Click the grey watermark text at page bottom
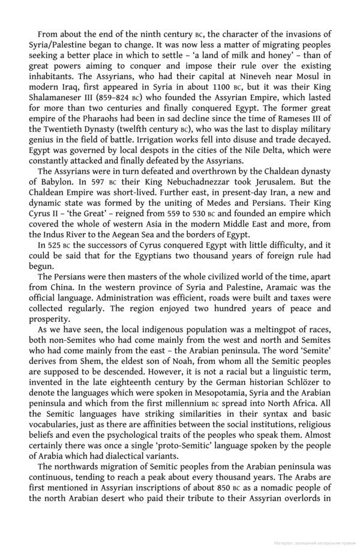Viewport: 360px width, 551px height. [x=314, y=545]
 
